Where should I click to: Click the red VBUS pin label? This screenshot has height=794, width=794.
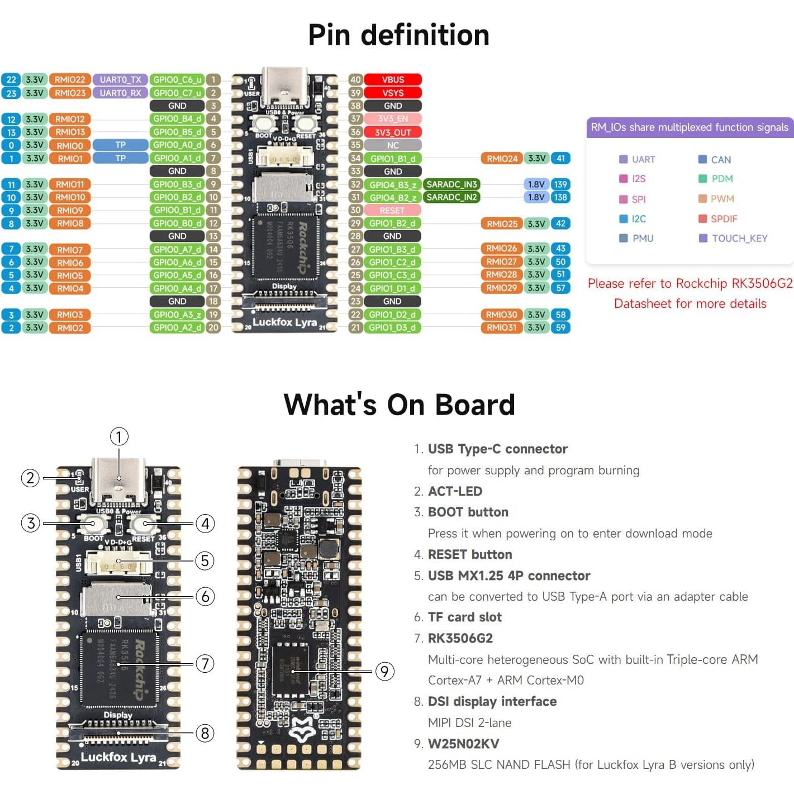(393, 80)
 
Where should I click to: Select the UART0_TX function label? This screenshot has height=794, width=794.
(120, 80)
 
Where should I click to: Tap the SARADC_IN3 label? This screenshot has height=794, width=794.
(451, 184)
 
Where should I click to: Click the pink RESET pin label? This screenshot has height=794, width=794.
(392, 211)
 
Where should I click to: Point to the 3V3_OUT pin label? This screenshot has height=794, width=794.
(393, 132)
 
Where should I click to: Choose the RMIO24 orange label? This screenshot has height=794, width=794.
(502, 159)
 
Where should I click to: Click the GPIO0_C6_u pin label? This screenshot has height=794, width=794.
(177, 80)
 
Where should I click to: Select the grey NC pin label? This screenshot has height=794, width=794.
(393, 145)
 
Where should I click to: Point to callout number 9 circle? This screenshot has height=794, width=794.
(384, 671)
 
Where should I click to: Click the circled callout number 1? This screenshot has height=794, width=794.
(119, 436)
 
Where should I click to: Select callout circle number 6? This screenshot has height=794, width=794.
(205, 597)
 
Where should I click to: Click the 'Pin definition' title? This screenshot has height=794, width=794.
(398, 35)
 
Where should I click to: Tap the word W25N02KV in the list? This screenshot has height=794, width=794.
(463, 744)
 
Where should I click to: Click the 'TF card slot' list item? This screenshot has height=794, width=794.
(464, 617)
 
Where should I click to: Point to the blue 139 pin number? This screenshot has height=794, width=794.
(560, 184)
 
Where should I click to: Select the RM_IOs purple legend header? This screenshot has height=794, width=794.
(690, 127)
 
